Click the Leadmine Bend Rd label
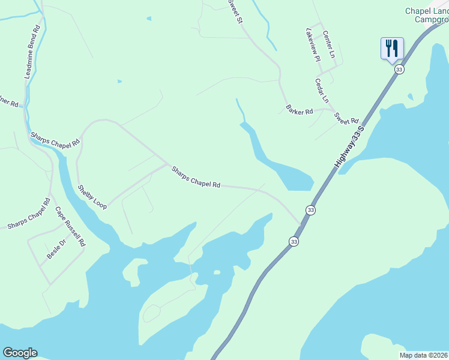coord(32,53)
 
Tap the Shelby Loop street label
coord(92,197)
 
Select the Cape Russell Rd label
coord(71,227)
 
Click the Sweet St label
coord(234,11)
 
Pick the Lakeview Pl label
coord(313,44)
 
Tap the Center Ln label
coord(328,44)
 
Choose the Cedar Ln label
coord(322,90)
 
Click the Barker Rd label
coord(300,110)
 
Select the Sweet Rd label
coord(346,118)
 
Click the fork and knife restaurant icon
coord(392,48)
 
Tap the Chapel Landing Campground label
coord(427,15)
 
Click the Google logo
coord(20,353)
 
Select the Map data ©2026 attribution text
coord(424,355)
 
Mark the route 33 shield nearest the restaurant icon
coord(399,70)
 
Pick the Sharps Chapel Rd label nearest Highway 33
coord(196,177)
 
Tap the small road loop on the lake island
coord(151,313)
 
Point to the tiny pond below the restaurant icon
coord(411,96)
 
